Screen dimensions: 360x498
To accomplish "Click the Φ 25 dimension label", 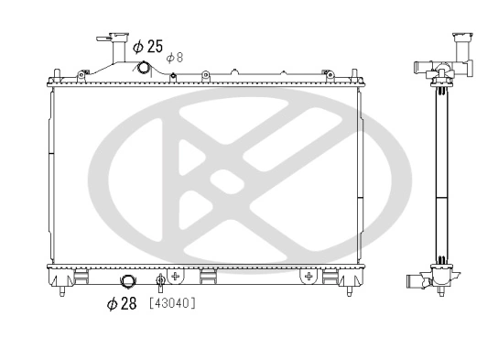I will coord(148,45).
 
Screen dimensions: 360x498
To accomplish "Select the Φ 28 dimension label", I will coord(121,303).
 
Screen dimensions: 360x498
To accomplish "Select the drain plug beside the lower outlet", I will coord(161,281).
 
